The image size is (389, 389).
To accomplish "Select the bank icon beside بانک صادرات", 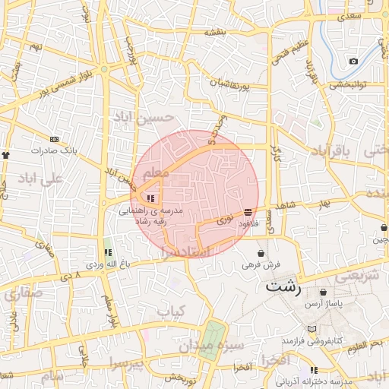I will pyautogui.click(x=54, y=139).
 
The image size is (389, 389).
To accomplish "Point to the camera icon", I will pyautogui.click(x=353, y=61).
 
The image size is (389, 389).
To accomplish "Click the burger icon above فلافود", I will pyautogui.click(x=248, y=213).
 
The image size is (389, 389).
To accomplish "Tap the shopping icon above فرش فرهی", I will pyautogui.click(x=261, y=253).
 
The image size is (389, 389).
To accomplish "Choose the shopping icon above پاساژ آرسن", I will pyautogui.click(x=324, y=292).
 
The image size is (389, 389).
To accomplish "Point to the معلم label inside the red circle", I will pyautogui.click(x=156, y=174).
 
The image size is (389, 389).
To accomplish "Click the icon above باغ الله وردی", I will pyautogui.click(x=107, y=251).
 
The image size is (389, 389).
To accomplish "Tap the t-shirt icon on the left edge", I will pyautogui.click(x=7, y=154).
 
